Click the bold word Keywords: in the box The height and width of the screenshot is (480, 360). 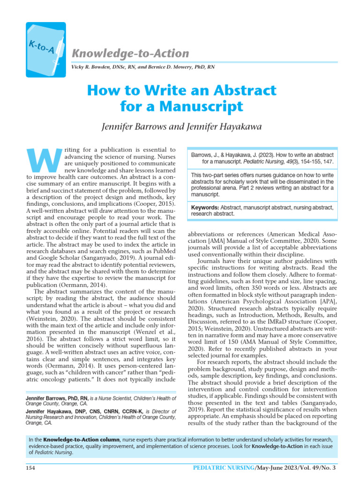point(206,207)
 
